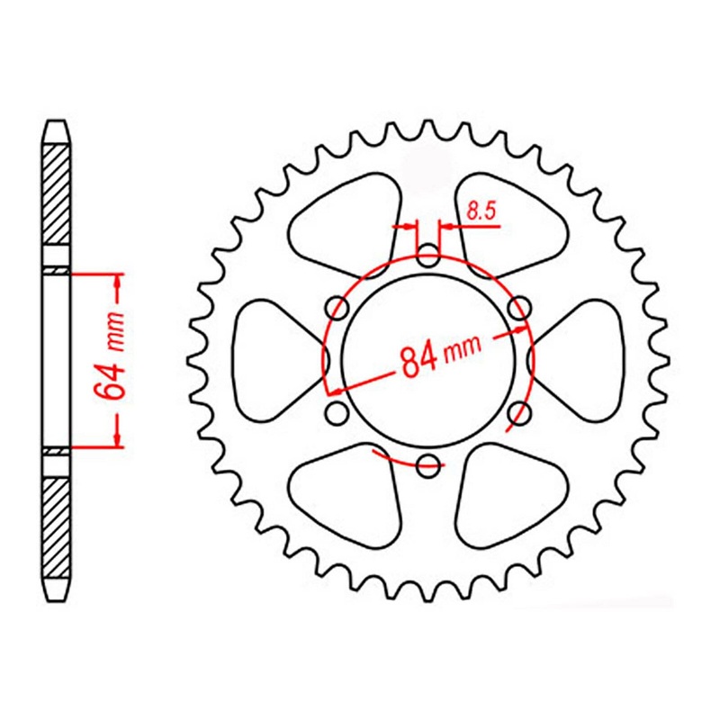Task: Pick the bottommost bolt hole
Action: (429, 464)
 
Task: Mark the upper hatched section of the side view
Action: (56, 193)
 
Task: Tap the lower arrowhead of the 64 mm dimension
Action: (118, 437)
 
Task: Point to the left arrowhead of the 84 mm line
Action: (334, 391)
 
